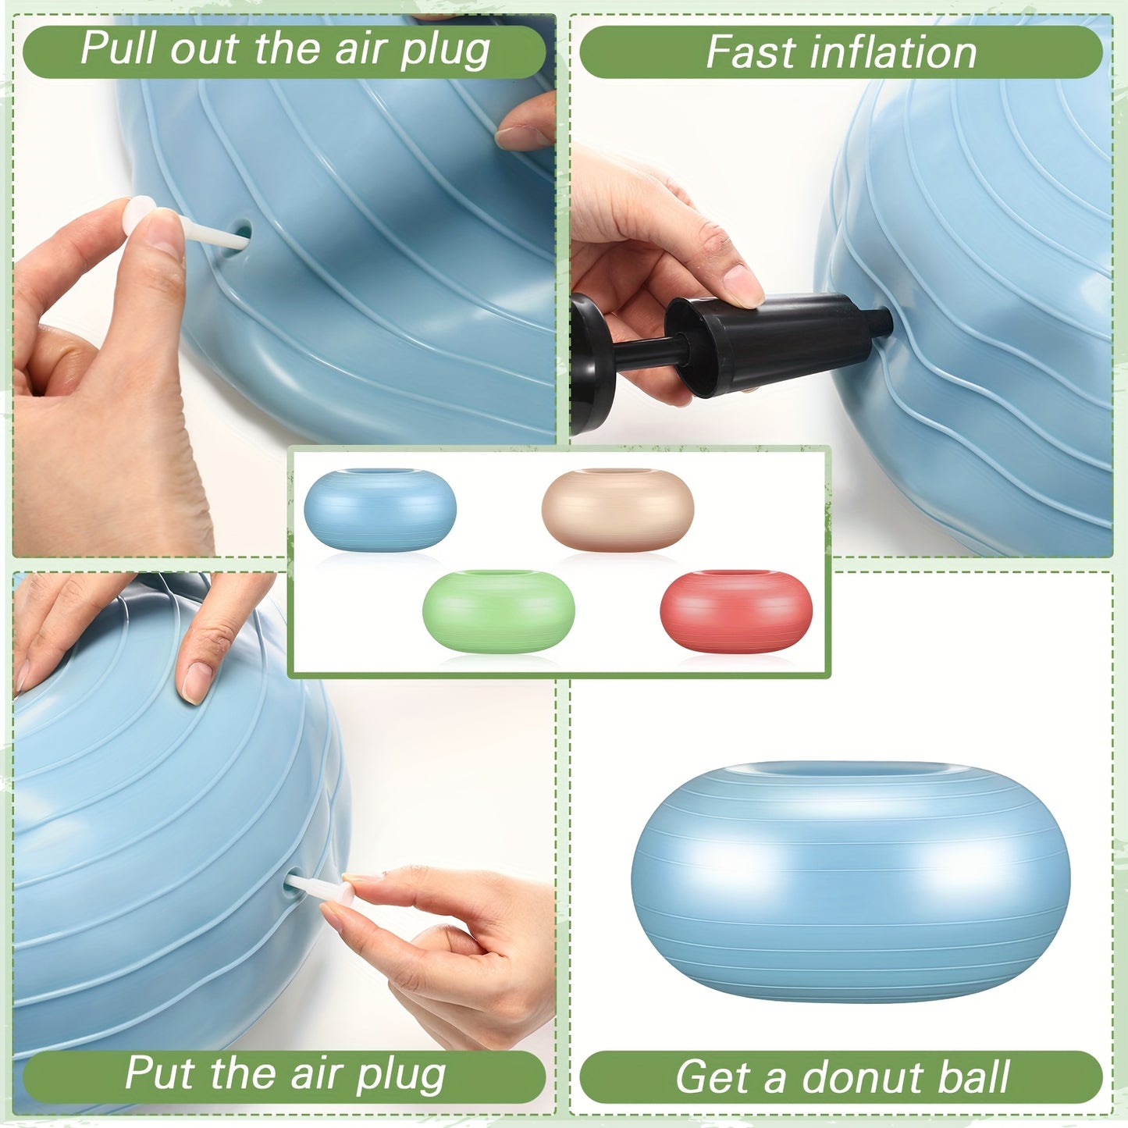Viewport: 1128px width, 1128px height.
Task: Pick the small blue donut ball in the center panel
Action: click(380, 510)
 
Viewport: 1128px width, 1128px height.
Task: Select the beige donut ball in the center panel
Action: click(617, 510)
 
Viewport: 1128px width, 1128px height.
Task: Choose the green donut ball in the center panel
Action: click(498, 611)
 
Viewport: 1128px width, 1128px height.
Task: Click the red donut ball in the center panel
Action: click(736, 611)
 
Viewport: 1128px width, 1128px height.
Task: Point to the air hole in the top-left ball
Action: click(243, 232)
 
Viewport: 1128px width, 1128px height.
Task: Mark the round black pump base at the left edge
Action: click(587, 363)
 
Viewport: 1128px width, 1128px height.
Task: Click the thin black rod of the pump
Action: click(648, 351)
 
